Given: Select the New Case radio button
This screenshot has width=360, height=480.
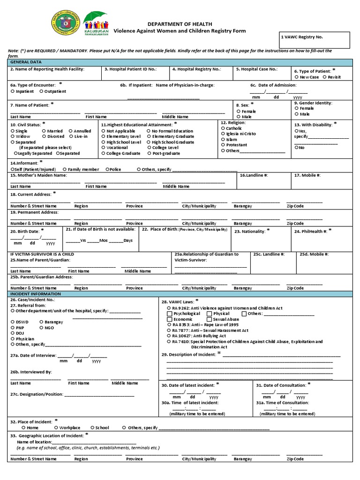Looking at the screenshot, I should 296,77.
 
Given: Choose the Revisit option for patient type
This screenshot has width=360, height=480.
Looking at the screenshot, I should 324,77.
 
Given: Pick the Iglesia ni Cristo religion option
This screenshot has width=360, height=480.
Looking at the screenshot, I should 223,134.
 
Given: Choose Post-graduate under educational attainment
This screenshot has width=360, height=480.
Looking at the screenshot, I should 149,153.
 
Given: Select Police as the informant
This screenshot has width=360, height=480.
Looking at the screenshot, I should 107,169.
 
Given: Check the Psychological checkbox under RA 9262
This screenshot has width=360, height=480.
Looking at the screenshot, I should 170,314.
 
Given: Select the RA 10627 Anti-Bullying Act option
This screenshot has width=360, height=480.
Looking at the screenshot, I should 169,336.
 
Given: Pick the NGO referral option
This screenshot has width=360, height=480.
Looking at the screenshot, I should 42,328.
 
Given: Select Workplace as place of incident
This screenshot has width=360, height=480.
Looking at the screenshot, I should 56,427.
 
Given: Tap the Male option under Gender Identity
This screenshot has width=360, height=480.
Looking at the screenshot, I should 296,114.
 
